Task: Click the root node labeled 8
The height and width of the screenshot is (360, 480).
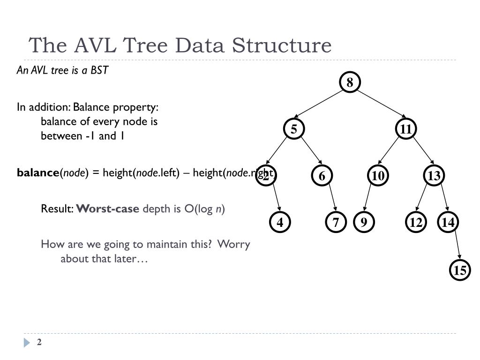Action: [350, 83]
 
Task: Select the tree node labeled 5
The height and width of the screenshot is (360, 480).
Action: [294, 129]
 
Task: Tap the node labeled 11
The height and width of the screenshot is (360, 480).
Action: [406, 129]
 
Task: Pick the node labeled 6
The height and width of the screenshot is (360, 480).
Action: [322, 176]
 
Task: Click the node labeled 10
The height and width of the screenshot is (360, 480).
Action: [378, 176]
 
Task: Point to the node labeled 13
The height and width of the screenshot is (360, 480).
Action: [434, 176]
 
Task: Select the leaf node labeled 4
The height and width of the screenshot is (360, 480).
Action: [280, 222]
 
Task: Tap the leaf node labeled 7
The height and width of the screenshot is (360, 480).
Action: [336, 222]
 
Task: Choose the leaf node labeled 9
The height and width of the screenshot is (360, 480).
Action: [364, 222]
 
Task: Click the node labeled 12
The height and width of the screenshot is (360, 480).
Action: [416, 222]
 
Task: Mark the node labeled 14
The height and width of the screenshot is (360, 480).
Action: [448, 222]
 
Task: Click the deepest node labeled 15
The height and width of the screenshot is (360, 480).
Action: [460, 270]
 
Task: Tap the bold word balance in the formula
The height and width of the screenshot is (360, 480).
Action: [37, 173]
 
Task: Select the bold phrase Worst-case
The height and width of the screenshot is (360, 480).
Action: [108, 209]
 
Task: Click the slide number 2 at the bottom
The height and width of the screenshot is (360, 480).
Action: [39, 342]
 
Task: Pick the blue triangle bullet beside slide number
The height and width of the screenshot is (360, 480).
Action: [27, 343]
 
